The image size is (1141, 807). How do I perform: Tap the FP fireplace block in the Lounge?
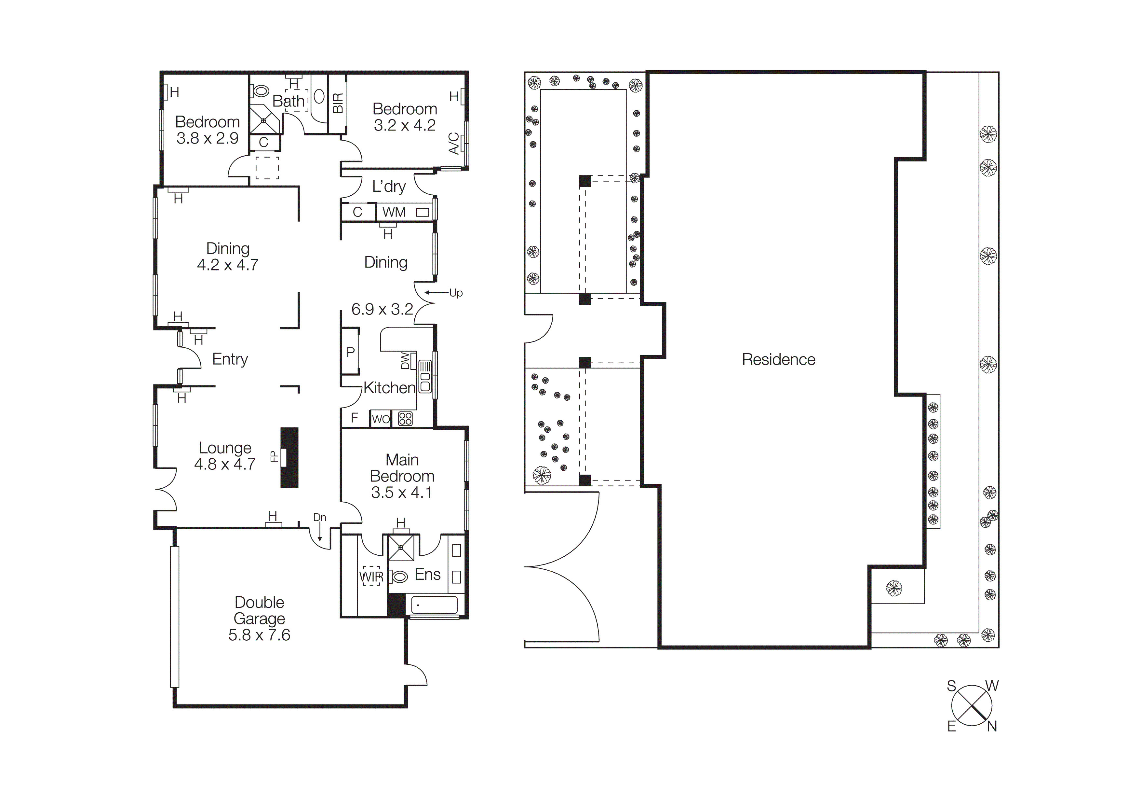click(x=289, y=457)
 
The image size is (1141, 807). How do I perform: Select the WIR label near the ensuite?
click(x=371, y=577)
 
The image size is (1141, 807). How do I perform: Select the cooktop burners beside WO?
click(x=406, y=419)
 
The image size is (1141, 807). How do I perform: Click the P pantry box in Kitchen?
click(x=350, y=352)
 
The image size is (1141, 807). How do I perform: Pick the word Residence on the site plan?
click(x=778, y=359)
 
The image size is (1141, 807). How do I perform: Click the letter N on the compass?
click(x=992, y=727)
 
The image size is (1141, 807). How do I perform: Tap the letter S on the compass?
click(x=951, y=686)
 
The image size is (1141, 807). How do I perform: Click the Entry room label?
click(x=230, y=359)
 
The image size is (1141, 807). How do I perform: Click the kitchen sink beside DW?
click(x=425, y=376)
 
